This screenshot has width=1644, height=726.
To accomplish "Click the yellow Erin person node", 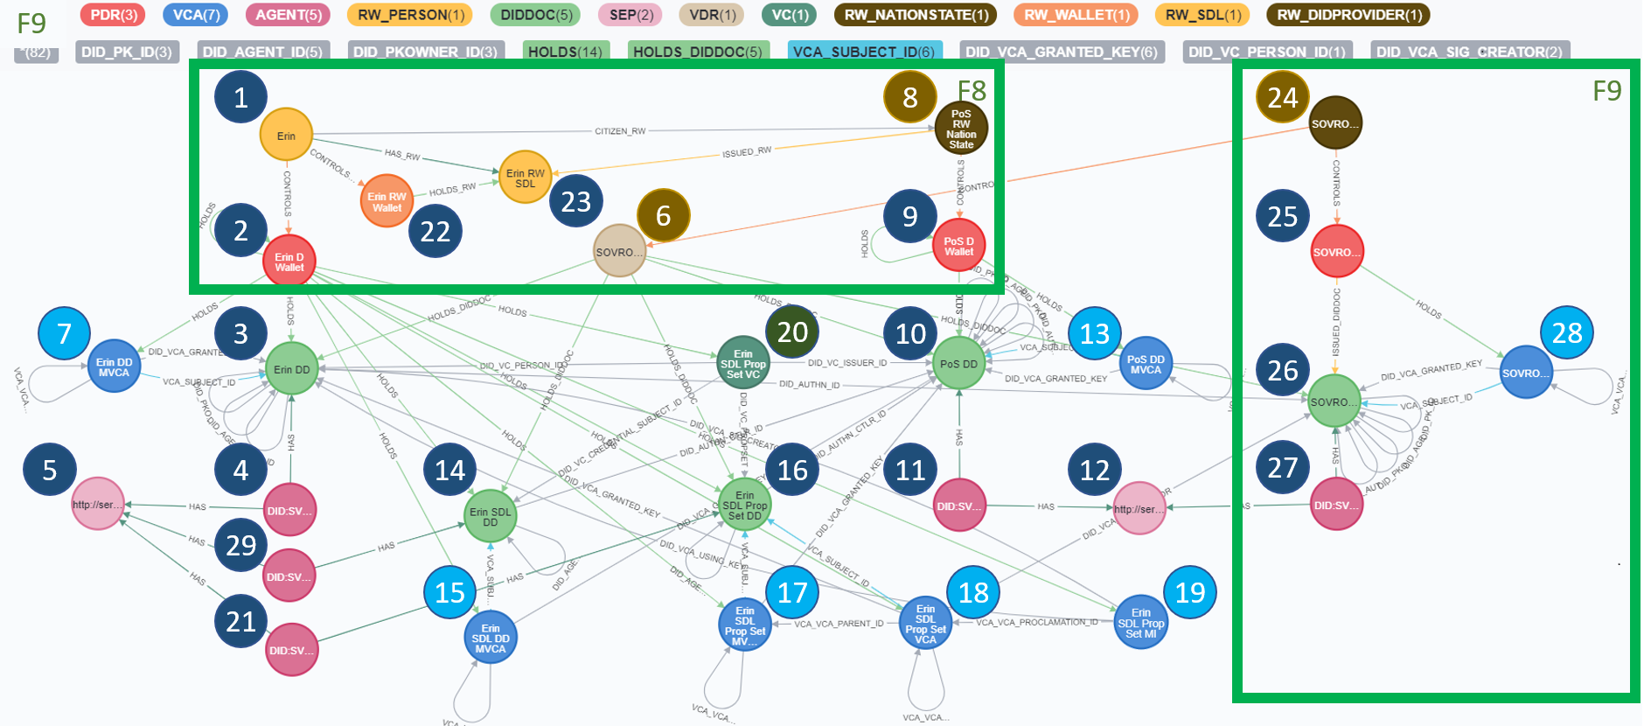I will pos(286,135).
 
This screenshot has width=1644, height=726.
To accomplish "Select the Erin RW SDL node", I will pos(525,178).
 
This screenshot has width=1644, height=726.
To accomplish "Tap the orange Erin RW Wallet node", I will pos(387,202).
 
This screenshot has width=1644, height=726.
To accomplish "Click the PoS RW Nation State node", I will pos(961,129).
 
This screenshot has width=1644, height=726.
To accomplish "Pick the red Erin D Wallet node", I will pos(289,262).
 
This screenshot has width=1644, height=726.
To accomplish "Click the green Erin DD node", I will pos(291,369).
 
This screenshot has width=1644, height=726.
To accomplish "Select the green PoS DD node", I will pos(958,364).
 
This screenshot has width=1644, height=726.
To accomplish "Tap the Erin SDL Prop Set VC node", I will pos(742,363).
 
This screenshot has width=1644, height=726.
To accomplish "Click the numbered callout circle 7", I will pos(64,333).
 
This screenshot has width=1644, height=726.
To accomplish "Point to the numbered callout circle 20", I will pos(792,332).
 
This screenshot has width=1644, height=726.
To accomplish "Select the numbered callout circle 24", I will pos(1282,96).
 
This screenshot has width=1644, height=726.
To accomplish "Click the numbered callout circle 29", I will pos(240,545).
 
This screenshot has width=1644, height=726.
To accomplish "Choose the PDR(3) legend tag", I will pos(114,15).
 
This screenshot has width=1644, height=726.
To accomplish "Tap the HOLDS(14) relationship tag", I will pos(565,52).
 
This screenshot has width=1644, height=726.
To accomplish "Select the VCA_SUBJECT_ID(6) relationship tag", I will pos(864,52).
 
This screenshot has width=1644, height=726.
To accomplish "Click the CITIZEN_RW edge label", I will pos(620,131).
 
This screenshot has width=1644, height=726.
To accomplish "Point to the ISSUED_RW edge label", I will pos(747,152).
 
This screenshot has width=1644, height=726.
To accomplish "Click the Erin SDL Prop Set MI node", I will pos(1140,623).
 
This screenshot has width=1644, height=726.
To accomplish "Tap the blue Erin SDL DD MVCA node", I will pos(490,639).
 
